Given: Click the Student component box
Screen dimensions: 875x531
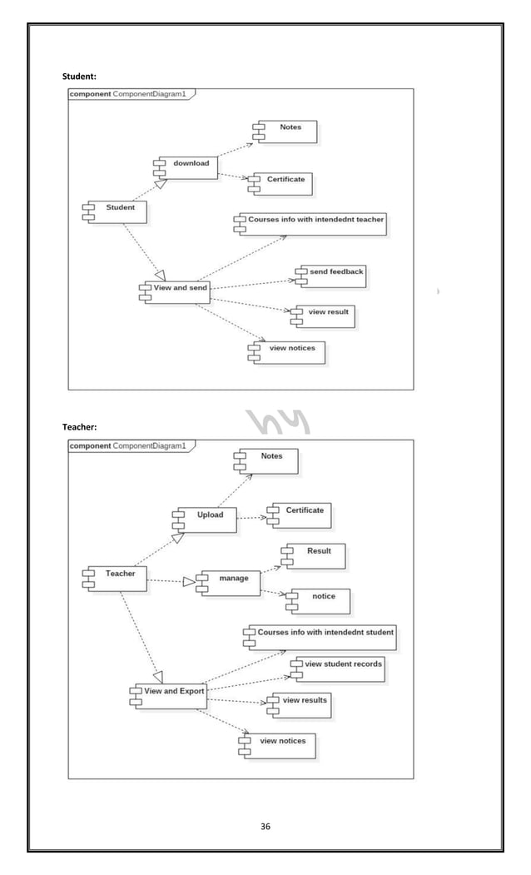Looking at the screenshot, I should pos(117,211).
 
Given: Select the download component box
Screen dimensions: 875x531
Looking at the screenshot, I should pos(187,167).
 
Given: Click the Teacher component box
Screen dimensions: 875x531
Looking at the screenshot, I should pos(117,578).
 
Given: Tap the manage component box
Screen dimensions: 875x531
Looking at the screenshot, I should pos(228,582).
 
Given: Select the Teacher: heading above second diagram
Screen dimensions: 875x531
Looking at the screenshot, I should pos(80,427).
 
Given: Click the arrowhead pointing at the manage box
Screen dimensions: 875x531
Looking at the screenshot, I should pos(189,582).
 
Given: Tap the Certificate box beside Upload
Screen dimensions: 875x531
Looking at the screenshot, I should pos(300,515).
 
